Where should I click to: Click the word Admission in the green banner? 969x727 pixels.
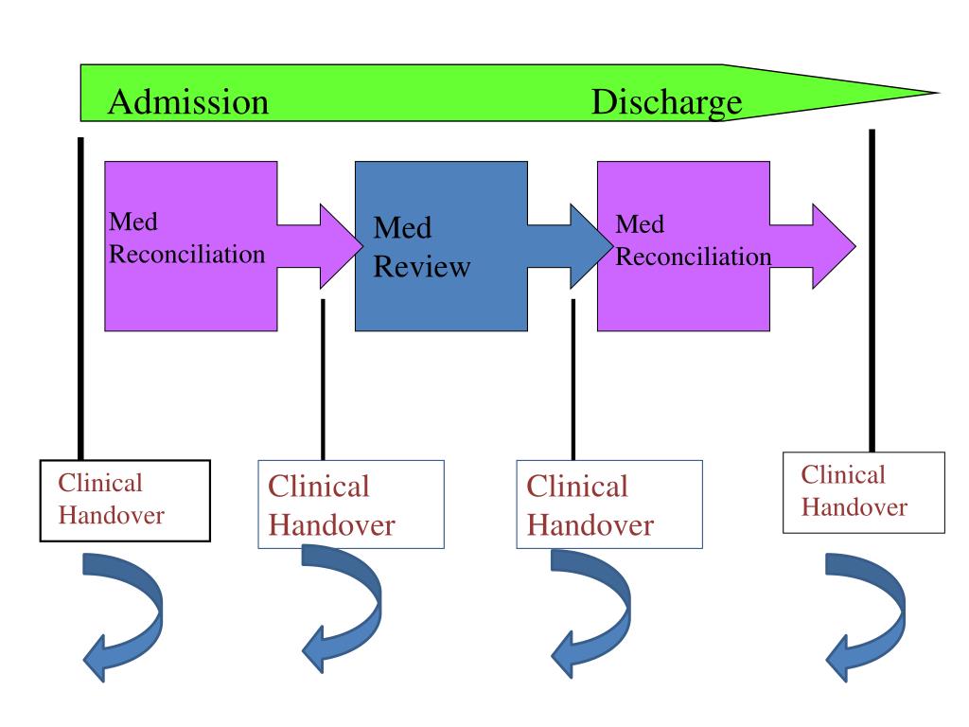tap(188, 102)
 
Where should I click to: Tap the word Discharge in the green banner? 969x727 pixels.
tap(666, 103)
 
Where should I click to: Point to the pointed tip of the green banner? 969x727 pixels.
tap(939, 93)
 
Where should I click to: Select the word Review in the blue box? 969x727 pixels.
tap(422, 267)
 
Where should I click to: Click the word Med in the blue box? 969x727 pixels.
tap(402, 227)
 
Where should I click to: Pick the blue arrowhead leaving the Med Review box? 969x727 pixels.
tap(590, 246)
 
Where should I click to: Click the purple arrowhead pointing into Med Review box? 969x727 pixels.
tap(341, 246)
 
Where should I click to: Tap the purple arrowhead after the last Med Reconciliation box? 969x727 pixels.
tap(834, 246)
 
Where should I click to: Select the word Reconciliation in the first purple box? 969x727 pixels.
tap(186, 254)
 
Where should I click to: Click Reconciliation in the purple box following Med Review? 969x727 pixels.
tap(694, 257)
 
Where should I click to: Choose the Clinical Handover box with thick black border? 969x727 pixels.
tap(126, 501)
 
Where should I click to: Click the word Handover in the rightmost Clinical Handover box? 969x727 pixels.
tap(854, 507)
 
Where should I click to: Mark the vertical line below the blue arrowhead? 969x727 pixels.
tap(573, 380)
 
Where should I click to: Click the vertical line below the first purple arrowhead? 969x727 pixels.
tap(324, 380)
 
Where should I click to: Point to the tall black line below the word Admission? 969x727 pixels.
tap(81, 298)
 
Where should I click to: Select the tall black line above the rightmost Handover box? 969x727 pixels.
tap(872, 291)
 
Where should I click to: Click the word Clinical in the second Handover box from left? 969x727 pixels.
tap(318, 486)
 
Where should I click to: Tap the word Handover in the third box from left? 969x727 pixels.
tap(590, 525)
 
